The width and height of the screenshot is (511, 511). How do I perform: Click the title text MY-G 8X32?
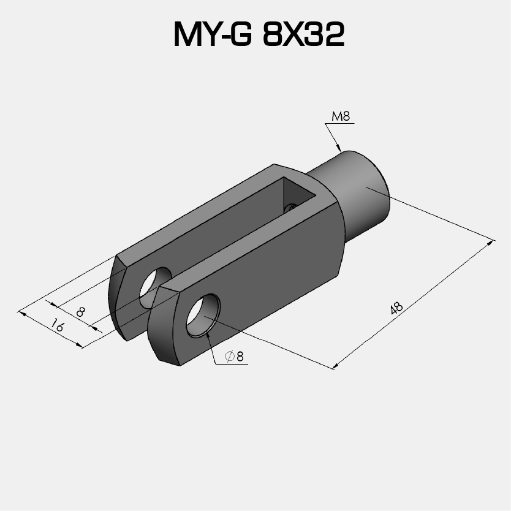click(259, 35)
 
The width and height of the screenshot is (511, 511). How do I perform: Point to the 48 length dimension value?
click(396, 309)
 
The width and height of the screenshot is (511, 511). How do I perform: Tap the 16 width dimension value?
click(57, 325)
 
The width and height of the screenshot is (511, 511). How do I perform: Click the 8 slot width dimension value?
click(80, 311)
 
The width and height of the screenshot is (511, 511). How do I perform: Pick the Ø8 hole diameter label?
click(235, 356)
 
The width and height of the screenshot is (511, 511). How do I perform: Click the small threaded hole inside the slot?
click(290, 209)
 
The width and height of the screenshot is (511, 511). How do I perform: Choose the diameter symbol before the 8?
click(230, 356)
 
